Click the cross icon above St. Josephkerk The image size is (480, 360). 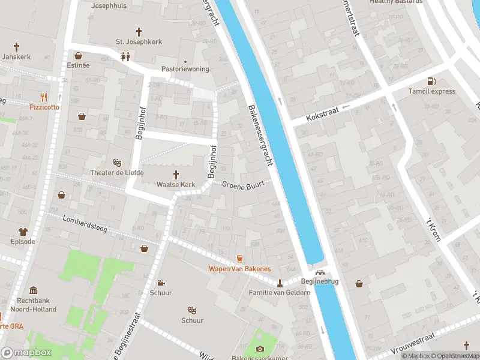click(x=139, y=31)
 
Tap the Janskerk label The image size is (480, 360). click(x=16, y=56)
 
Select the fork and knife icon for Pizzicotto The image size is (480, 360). click(x=44, y=97)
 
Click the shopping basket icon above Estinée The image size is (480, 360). click(x=78, y=55)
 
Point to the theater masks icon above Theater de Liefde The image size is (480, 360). click(x=118, y=163)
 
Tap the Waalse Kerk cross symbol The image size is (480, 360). click(x=177, y=175)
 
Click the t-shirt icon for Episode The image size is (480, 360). click(x=23, y=232)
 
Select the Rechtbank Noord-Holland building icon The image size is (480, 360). click(x=33, y=290)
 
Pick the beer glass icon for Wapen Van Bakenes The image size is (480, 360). click(x=239, y=259)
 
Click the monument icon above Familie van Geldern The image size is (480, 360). click(x=280, y=283)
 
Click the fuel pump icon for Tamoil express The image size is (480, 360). click(x=430, y=82)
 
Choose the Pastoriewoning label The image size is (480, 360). click(x=185, y=69)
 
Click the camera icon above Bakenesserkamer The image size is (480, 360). click(x=260, y=349)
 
